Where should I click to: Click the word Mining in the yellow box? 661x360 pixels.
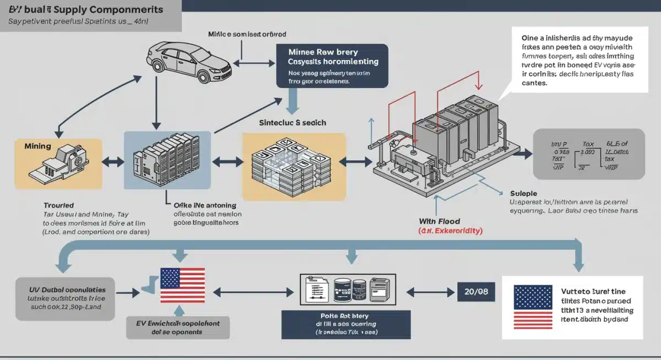click(x=38, y=146)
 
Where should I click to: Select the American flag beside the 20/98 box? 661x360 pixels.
click(x=533, y=306)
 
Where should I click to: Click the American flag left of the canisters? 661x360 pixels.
click(x=182, y=285)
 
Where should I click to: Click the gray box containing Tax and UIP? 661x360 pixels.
click(x=589, y=154)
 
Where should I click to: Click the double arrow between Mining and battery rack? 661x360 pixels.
click(x=112, y=161)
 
